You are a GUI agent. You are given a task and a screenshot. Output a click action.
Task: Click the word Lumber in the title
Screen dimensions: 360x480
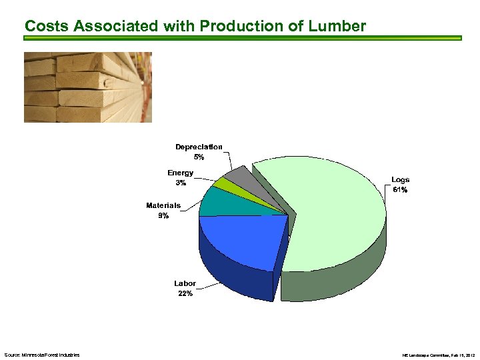[337, 26]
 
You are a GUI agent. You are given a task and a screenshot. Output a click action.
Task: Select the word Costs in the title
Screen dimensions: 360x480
[47, 26]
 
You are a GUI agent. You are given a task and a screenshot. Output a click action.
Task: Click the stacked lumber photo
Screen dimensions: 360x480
[87, 87]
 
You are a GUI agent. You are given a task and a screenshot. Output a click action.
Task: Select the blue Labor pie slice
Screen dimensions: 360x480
[240, 240]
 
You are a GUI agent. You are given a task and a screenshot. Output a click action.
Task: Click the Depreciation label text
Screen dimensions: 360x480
[199, 147]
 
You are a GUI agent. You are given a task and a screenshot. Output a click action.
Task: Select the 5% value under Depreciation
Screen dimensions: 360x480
[199, 157]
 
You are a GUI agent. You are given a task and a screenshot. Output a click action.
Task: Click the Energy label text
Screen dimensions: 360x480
[180, 173]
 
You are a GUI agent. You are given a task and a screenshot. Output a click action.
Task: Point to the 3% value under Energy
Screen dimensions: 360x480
[180, 183]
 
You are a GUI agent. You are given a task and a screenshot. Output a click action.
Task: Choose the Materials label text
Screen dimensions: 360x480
[163, 205]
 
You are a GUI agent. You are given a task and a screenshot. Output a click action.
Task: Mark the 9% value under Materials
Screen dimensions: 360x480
[163, 216]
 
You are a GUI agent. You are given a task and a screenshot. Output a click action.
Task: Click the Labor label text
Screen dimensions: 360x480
[185, 283]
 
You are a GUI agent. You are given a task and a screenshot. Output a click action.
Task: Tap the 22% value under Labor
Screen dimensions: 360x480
[185, 294]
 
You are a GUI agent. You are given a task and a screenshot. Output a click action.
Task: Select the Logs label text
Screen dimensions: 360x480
[400, 180]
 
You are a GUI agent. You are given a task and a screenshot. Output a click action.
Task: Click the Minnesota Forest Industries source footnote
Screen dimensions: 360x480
[41, 355]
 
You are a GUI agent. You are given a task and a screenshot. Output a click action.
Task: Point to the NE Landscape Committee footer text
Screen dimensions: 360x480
[438, 355]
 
